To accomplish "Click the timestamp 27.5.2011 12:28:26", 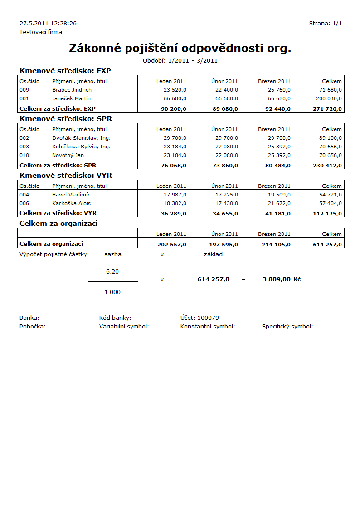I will click(x=48, y=23).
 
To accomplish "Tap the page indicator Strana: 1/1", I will click(x=325, y=23).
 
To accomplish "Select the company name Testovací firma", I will click(x=41, y=32).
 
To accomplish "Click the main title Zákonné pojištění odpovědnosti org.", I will click(x=180, y=49).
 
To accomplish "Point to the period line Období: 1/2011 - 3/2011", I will click(x=180, y=60).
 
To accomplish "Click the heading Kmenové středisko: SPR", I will click(x=66, y=119).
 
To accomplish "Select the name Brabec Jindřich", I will click(x=72, y=90).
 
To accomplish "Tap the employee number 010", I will click(x=25, y=155).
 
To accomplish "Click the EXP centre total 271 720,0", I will click(x=327, y=109).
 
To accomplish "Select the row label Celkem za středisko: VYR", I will click(x=58, y=212).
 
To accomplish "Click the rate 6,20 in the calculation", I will click(x=112, y=271).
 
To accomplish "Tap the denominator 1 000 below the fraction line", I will click(x=112, y=292).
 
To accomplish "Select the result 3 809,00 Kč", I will click(x=281, y=279).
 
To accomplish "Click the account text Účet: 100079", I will click(x=199, y=318).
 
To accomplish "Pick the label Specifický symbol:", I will click(x=287, y=327).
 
